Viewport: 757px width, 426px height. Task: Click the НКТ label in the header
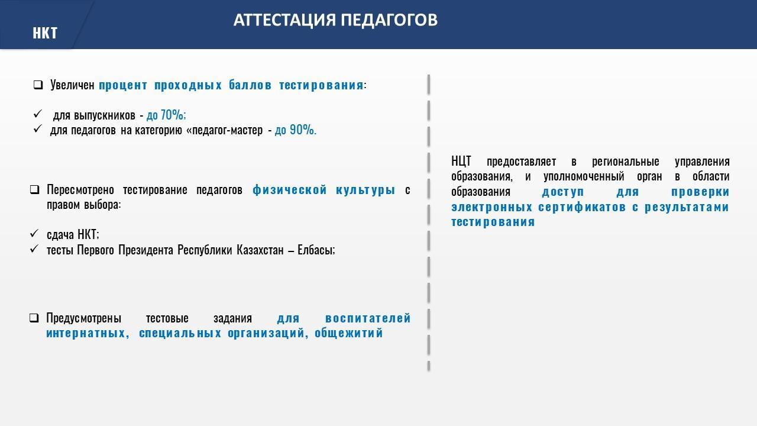pyautogui.click(x=45, y=33)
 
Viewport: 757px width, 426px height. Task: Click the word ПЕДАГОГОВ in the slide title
pyautogui.click(x=389, y=20)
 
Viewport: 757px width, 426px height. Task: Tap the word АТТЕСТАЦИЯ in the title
pyautogui.click(x=284, y=20)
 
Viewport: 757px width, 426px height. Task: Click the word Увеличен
pyautogui.click(x=72, y=85)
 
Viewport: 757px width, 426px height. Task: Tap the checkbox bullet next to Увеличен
pyautogui.click(x=38, y=85)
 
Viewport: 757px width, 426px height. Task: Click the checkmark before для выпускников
pyautogui.click(x=37, y=114)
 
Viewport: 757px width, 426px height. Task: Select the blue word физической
pyautogui.click(x=290, y=190)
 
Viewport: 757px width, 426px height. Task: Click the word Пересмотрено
pyautogui.click(x=80, y=190)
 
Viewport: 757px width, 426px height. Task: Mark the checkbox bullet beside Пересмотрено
pyautogui.click(x=34, y=190)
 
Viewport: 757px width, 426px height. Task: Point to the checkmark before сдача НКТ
pyautogui.click(x=34, y=233)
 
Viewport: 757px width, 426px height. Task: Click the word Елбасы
pyautogui.click(x=316, y=250)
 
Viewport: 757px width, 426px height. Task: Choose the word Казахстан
pyautogui.click(x=260, y=250)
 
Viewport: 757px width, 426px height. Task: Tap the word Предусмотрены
pyautogui.click(x=83, y=318)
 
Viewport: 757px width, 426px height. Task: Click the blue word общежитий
pyautogui.click(x=348, y=333)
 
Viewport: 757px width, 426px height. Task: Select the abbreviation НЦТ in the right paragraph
pyautogui.click(x=461, y=162)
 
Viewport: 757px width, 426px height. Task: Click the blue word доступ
pyautogui.click(x=562, y=192)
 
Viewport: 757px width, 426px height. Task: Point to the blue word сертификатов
pyautogui.click(x=581, y=207)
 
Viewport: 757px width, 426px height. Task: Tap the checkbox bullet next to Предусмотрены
pyautogui.click(x=34, y=318)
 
